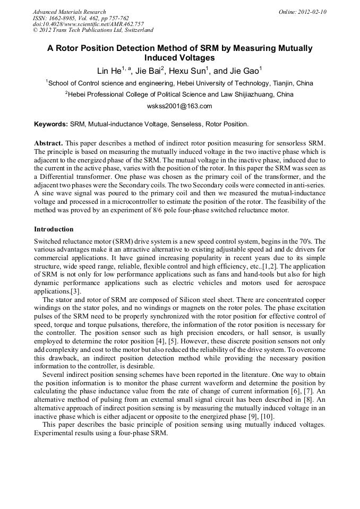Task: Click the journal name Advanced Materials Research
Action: coord(70,12)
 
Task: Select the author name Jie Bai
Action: coord(150,71)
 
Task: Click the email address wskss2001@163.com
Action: coord(179,106)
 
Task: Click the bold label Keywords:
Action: coord(51,124)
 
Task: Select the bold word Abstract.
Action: coord(48,143)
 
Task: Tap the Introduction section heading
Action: coord(54,229)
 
